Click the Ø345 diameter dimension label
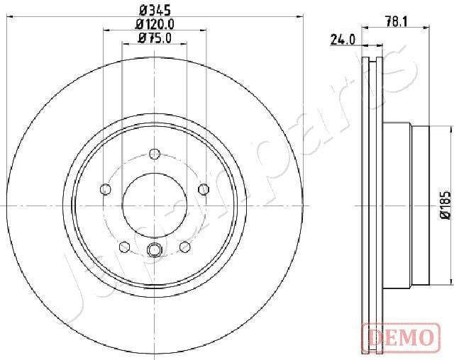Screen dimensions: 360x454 coord(155,9)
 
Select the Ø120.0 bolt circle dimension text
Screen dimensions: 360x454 coord(155,23)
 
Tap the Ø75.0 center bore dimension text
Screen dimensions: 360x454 coord(155,38)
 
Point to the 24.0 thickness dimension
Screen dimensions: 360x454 coord(343,40)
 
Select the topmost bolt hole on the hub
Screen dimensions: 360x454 coord(155,153)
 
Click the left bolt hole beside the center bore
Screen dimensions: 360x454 coord(106,189)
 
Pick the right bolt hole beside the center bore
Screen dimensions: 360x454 coord(204,189)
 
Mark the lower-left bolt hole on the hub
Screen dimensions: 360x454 coord(125,246)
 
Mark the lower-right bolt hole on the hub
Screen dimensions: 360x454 coord(184,246)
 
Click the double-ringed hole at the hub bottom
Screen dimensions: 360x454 coord(155,249)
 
